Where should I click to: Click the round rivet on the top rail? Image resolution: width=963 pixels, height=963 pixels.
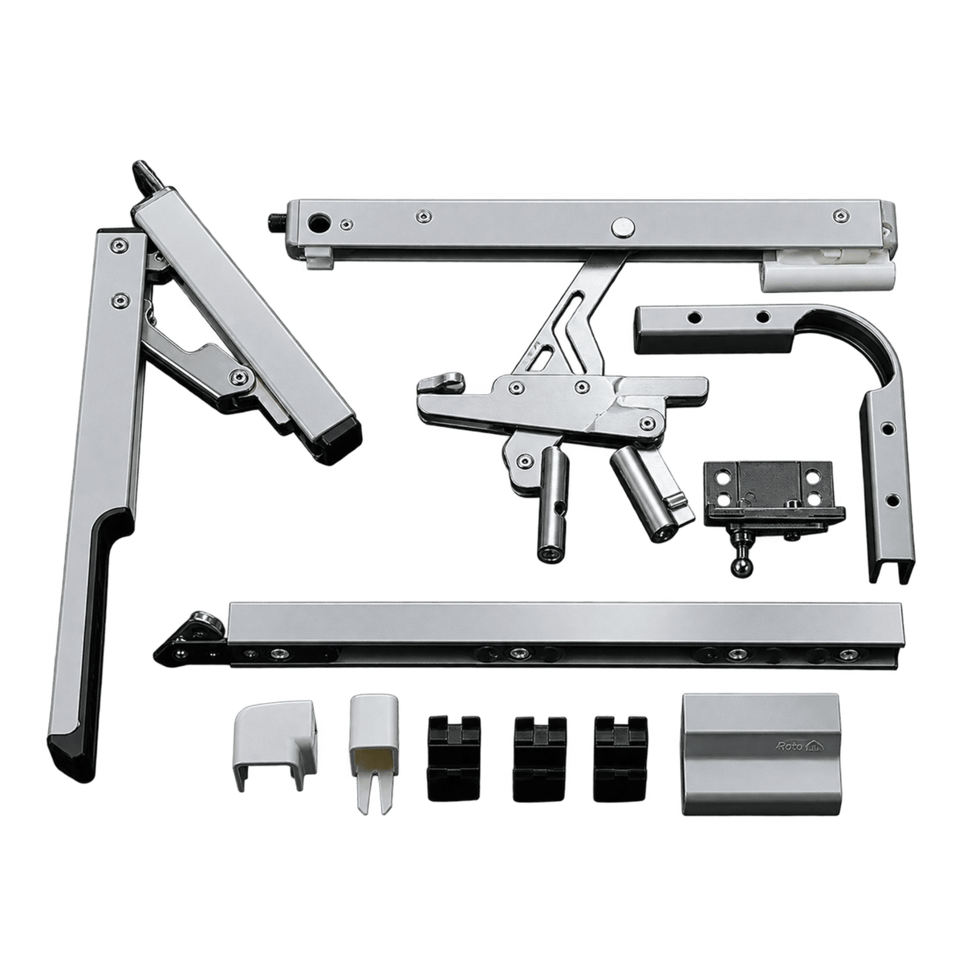(622, 226)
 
